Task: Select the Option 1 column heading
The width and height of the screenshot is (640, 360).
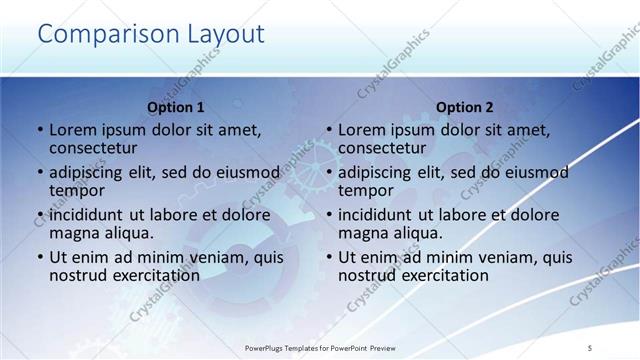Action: click(176, 107)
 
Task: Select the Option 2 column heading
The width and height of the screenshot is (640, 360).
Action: click(465, 107)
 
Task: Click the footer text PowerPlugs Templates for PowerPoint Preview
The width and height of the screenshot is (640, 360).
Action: click(320, 347)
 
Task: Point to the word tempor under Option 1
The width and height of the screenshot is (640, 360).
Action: click(76, 191)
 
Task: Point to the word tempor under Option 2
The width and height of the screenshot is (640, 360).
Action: click(365, 191)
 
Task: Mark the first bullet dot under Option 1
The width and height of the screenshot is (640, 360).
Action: click(40, 130)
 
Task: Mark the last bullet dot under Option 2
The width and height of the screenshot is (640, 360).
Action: click(329, 258)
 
